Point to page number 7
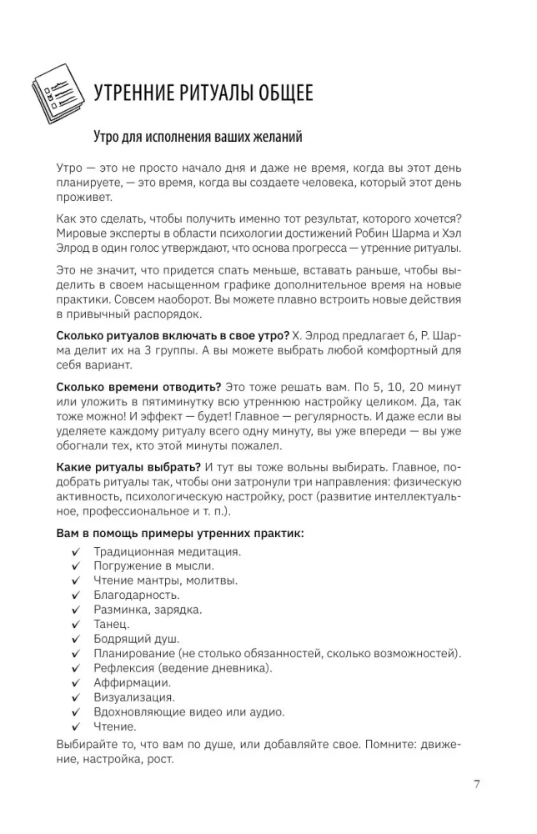(x=476, y=783)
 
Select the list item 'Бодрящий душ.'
(x=133, y=638)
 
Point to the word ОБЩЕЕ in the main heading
(x=280, y=93)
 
